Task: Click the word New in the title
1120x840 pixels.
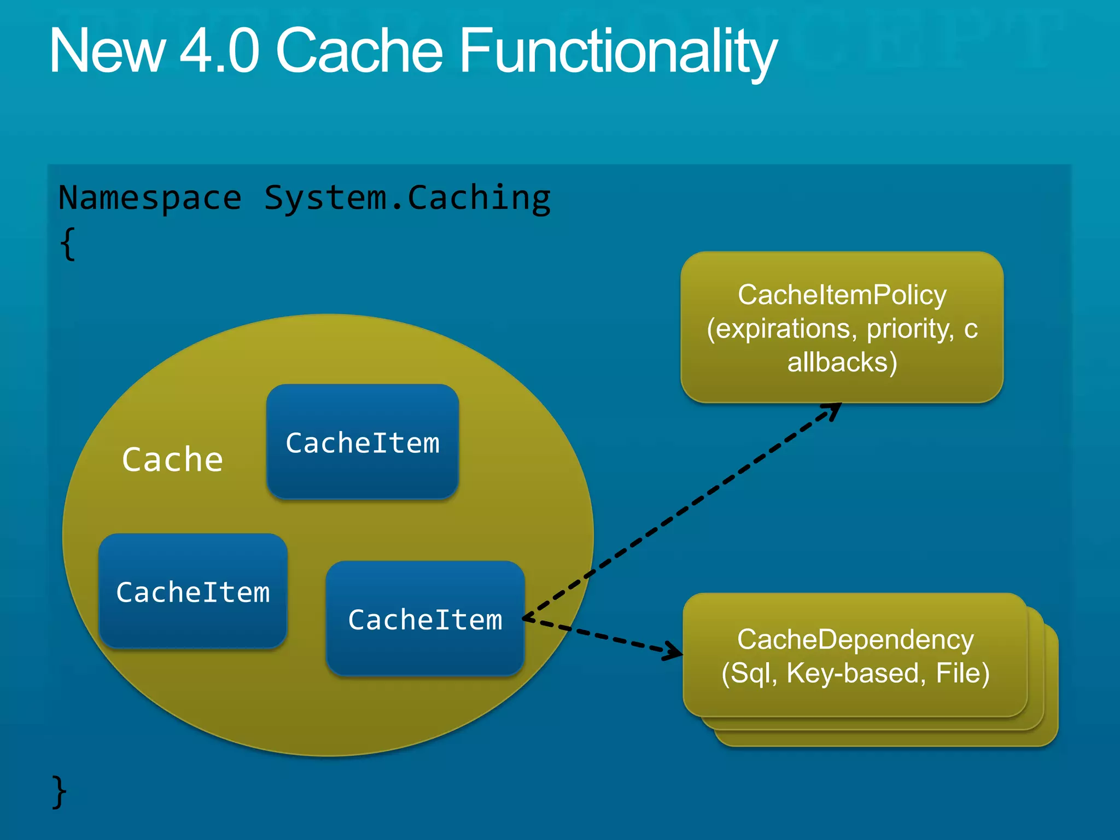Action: (107, 50)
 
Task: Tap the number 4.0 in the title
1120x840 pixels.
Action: (219, 50)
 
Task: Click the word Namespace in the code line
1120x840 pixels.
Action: (150, 198)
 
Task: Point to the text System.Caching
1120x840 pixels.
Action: (407, 198)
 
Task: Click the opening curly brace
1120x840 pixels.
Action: (68, 244)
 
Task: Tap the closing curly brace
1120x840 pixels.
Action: (59, 791)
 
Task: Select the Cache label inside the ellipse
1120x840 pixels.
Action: (172, 459)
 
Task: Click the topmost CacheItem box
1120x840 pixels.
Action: (362, 442)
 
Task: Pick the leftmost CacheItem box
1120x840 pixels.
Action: (192, 591)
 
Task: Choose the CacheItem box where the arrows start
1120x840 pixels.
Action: (425, 619)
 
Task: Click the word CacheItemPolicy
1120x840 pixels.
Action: (842, 295)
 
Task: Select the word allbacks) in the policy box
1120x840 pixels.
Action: (842, 362)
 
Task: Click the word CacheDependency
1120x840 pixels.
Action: (855, 639)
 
